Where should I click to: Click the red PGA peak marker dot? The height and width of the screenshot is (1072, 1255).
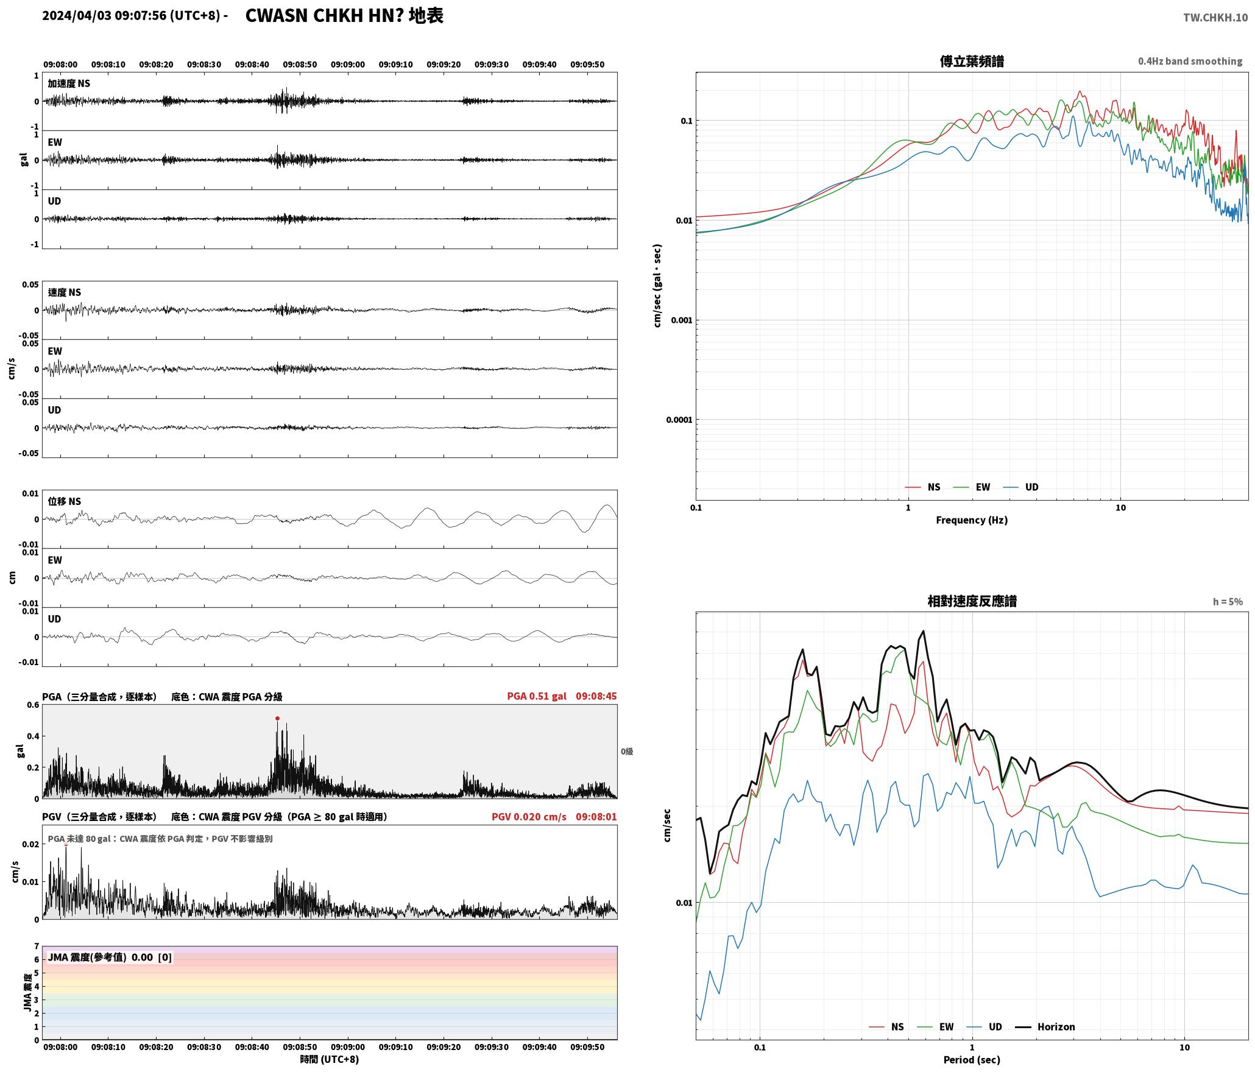coord(277,719)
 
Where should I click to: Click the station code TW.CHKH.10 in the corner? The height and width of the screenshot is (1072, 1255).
coord(1215,18)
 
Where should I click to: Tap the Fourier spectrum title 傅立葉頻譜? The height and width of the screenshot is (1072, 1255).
coord(972,62)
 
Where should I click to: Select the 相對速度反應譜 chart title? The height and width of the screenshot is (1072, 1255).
coord(972,601)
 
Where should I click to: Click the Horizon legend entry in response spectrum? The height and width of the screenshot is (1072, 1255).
coord(1045,1027)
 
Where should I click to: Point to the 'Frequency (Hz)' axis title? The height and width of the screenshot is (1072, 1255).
coord(972,520)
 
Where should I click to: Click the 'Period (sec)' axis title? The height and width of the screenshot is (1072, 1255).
coord(972,1060)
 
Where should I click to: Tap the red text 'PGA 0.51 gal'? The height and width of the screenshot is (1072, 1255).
coord(537,696)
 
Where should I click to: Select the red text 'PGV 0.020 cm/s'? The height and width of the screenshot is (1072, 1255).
coord(529,817)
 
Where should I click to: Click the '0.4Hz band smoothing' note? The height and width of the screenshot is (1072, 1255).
coord(1190,62)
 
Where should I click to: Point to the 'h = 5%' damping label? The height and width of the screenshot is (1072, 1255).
coord(1228,602)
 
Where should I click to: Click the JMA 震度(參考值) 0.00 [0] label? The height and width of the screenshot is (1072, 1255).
coord(110,957)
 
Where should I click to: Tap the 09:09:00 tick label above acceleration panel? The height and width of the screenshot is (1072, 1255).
coord(348,65)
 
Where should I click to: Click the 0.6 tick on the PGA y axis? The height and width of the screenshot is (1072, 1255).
coord(32,705)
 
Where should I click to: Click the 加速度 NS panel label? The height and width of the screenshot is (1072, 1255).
coord(69,83)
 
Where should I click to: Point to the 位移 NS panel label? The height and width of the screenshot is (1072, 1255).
coord(65,502)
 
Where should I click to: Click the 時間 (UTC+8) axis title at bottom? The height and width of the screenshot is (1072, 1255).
coord(329,1059)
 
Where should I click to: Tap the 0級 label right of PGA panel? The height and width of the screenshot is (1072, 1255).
coord(627,752)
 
